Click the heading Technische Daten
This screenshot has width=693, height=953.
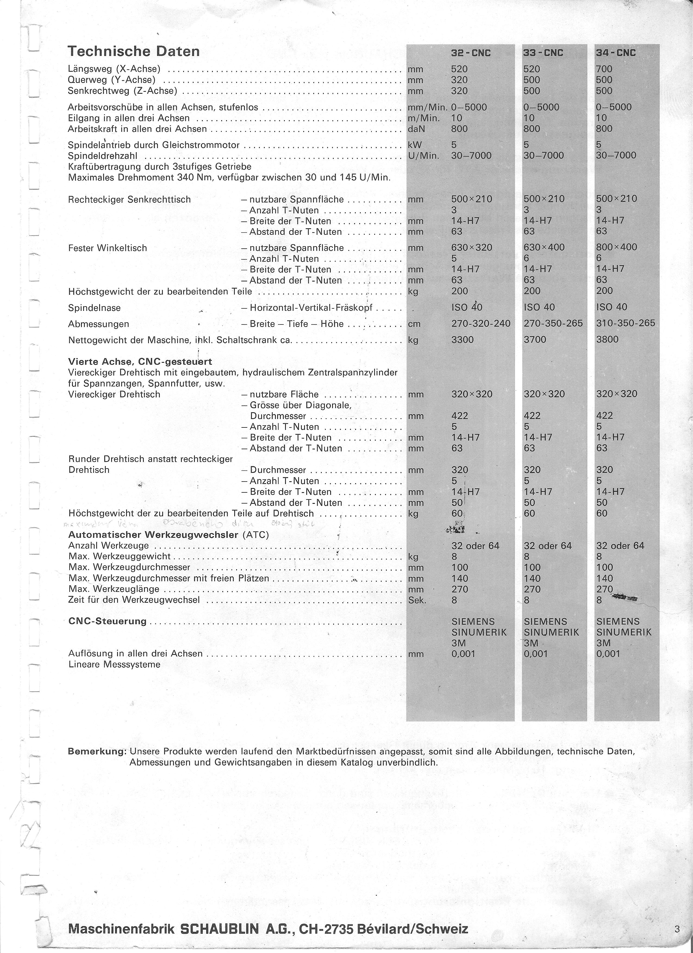click(134, 52)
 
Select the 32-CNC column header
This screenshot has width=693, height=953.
click(471, 53)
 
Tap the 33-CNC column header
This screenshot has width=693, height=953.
click(543, 53)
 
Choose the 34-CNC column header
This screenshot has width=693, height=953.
click(616, 53)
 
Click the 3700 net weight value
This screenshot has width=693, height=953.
click(535, 339)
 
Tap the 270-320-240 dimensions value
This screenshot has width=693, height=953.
click(481, 324)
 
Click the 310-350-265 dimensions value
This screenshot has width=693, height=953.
click(625, 324)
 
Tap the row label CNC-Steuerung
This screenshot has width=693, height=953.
click(107, 621)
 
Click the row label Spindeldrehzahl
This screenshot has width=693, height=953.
click(103, 156)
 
